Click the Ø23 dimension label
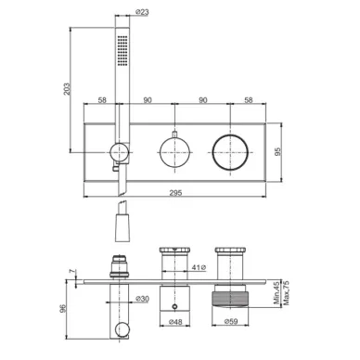(x=142, y=12)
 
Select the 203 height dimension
(x=67, y=89)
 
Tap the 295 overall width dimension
(x=175, y=193)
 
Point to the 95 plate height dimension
(x=278, y=151)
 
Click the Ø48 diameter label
(x=175, y=322)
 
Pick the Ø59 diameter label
(x=231, y=322)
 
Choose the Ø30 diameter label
(x=142, y=299)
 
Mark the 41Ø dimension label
(x=199, y=267)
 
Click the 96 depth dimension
(x=63, y=308)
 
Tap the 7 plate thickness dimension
(x=71, y=271)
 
